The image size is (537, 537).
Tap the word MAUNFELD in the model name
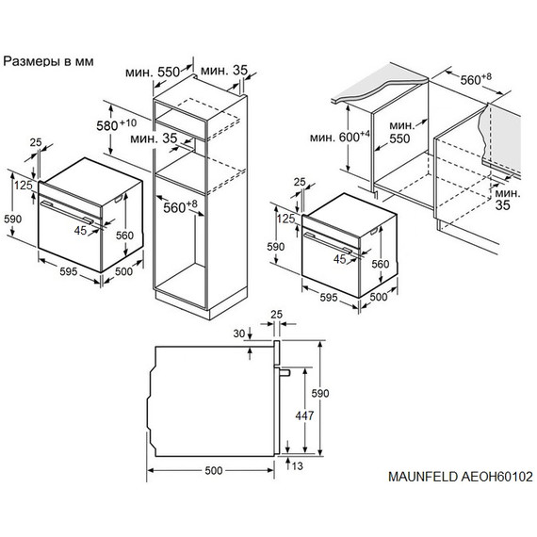(423, 504)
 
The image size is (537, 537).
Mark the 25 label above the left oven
(36, 142)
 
